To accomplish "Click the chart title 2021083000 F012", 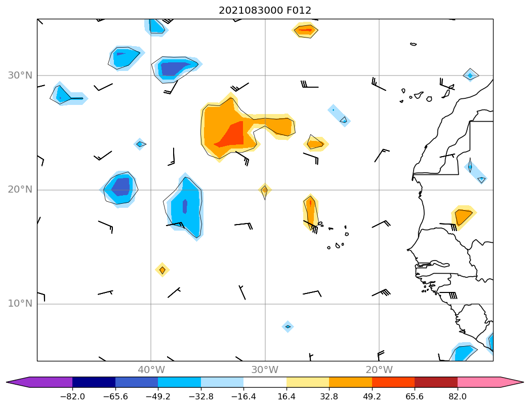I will point(265,10).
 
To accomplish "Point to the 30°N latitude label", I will point(20,76).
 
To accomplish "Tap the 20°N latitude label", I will point(20,190).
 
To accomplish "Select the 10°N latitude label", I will point(20,304).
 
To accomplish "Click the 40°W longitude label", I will point(151,369).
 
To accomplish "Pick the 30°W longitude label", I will point(265,369).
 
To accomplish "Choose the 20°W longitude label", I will point(379,369).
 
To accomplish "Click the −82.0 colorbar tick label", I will point(72,397).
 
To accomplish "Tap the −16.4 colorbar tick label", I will point(243,397).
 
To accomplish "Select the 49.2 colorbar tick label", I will point(372,397).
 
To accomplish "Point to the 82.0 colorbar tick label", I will point(458,397).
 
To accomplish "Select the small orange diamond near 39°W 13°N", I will point(162,270).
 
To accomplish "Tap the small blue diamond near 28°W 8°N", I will point(288,326).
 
